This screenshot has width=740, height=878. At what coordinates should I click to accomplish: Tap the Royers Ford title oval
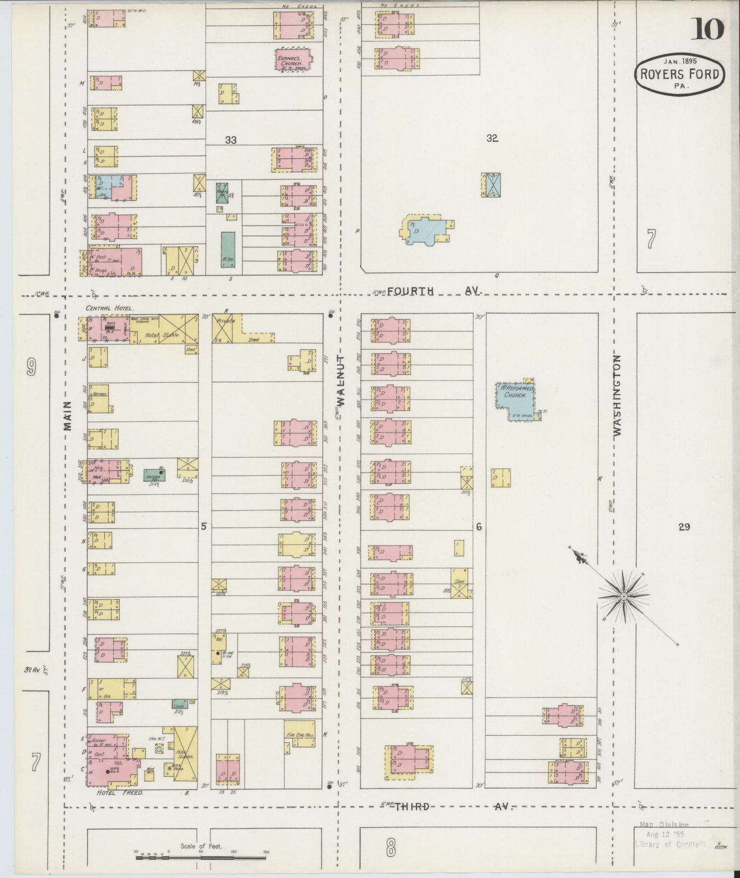tap(680, 74)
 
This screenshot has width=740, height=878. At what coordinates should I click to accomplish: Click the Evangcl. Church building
tap(292, 61)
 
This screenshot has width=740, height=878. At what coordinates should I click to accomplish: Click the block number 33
tap(230, 140)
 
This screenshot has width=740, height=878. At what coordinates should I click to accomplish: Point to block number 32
tap(492, 138)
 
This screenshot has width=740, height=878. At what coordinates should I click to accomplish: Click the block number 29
tap(684, 527)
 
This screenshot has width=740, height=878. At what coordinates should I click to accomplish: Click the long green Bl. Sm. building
tap(228, 250)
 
